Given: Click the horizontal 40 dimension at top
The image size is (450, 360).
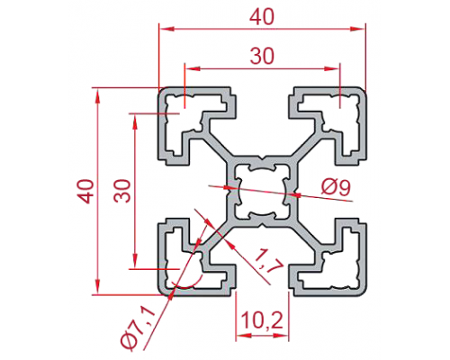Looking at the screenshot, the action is [262, 17].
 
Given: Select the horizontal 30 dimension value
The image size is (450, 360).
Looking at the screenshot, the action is [262, 56].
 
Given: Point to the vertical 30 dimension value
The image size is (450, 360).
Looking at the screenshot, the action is [122, 191].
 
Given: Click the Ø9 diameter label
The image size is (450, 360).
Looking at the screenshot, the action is [336, 188].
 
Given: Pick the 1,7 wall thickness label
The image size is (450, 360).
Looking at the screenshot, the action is [268, 260].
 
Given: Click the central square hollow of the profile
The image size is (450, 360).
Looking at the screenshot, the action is [263, 191].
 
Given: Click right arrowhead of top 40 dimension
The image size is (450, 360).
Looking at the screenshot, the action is [357, 29].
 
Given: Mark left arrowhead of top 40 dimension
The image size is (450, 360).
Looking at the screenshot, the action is [166, 29].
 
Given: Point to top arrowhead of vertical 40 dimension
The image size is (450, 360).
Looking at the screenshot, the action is [97, 96].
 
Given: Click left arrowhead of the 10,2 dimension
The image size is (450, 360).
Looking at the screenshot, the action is [243, 337].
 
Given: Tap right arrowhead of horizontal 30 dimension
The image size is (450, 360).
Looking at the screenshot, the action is [332, 68].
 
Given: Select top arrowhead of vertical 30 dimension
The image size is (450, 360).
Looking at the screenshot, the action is [135, 121].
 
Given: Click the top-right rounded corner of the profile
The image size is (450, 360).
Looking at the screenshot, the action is [361, 93].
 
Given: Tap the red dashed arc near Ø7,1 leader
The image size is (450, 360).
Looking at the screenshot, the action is [186, 286].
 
